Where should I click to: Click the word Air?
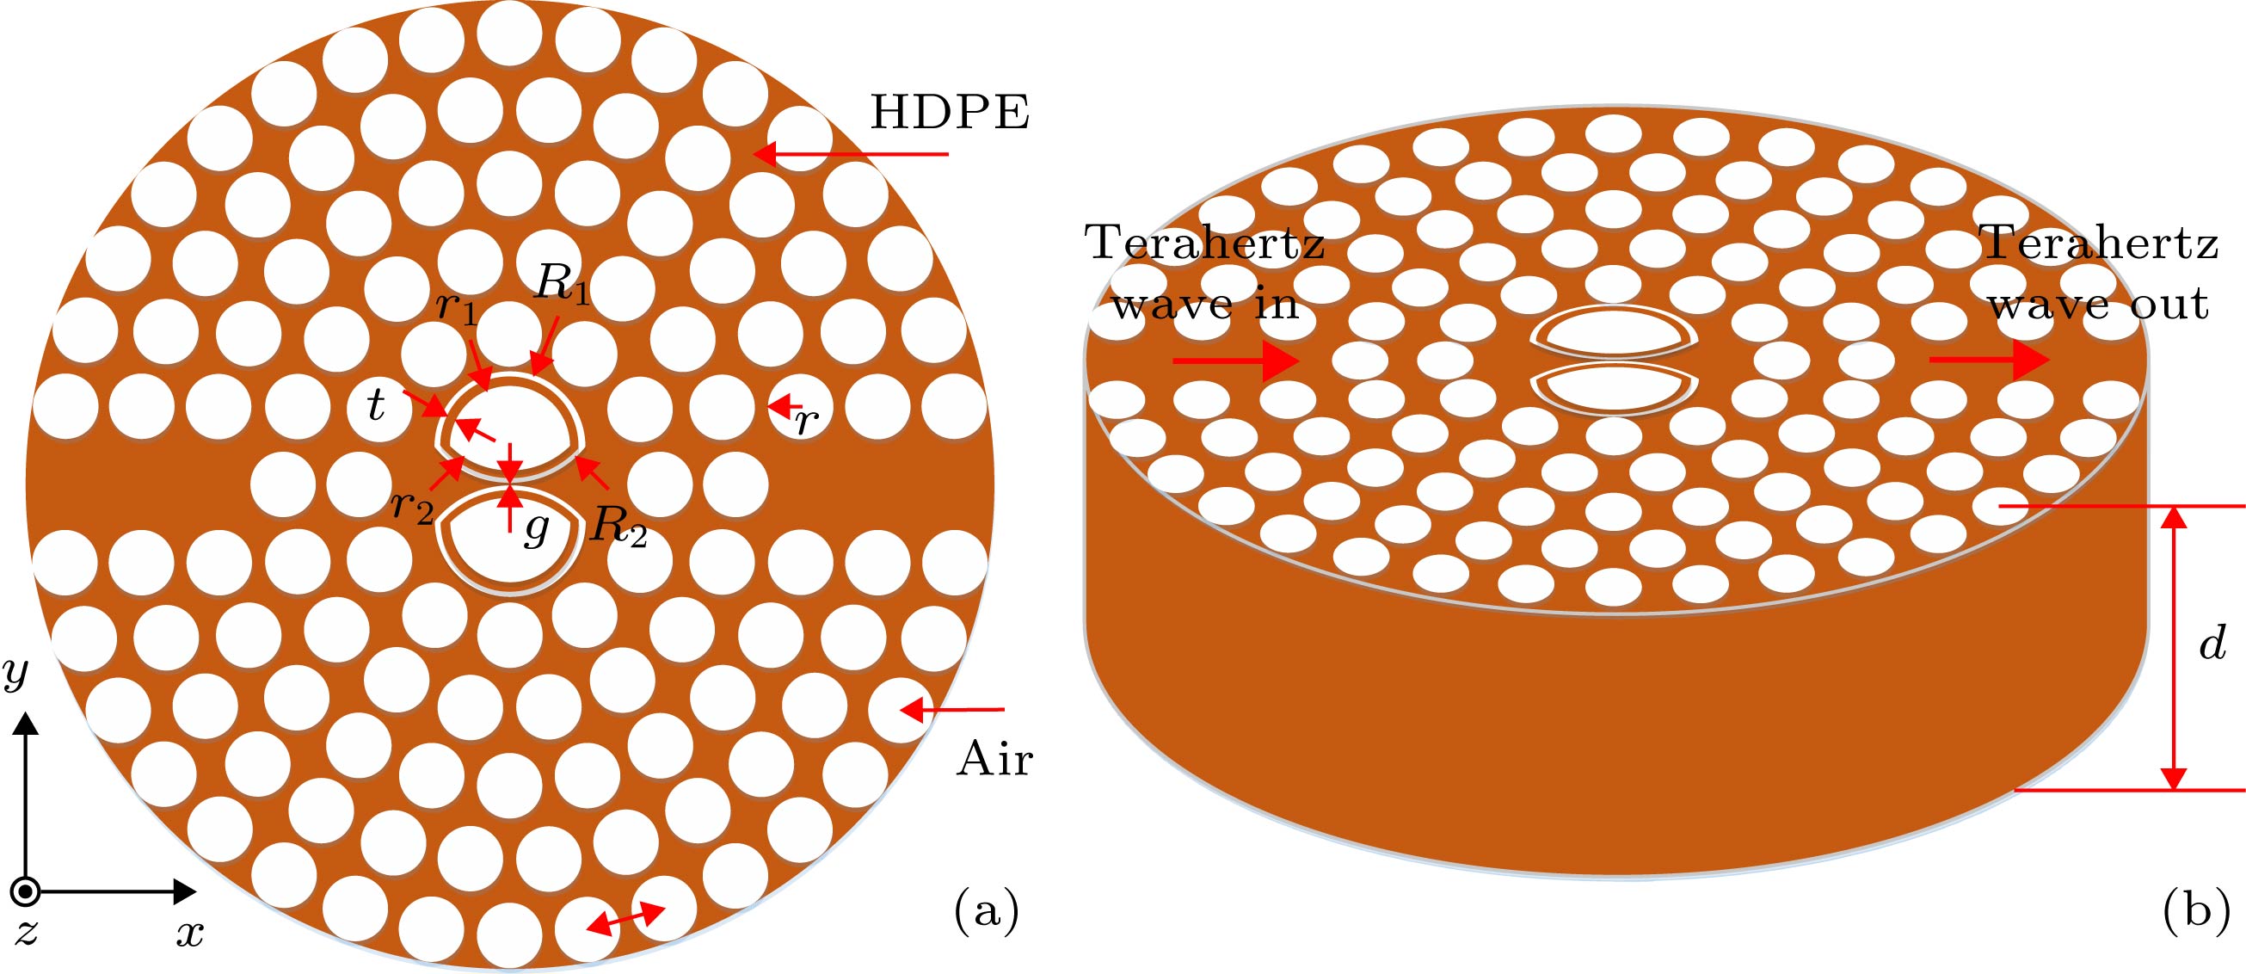(x=994, y=760)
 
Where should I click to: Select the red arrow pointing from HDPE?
(x=850, y=154)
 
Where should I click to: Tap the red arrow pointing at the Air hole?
(x=952, y=711)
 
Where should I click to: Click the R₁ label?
(x=563, y=283)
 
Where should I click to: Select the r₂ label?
(x=411, y=505)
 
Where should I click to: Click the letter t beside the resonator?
(x=376, y=406)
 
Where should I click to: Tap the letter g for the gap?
(x=536, y=529)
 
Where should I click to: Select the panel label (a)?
(x=987, y=911)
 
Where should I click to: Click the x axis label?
(x=189, y=934)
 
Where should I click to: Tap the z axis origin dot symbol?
(x=27, y=891)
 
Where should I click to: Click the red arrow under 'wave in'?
(x=1235, y=361)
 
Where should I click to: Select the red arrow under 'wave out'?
(x=1989, y=361)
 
